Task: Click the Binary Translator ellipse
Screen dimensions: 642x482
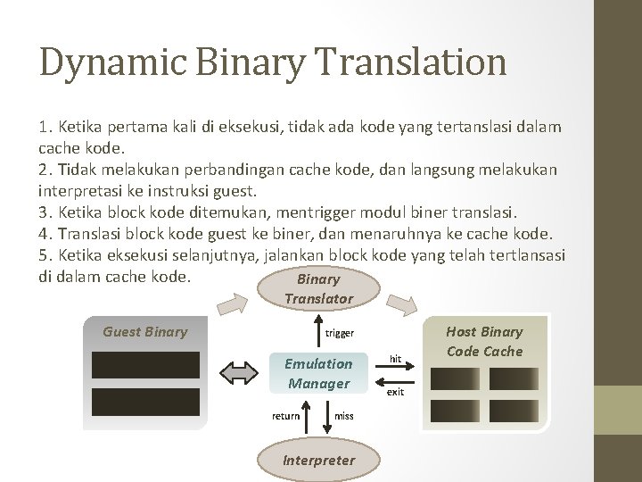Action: pyautogui.click(x=318, y=289)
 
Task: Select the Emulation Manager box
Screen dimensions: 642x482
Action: pyautogui.click(x=318, y=373)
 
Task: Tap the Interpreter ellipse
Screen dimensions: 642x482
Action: pyautogui.click(x=318, y=460)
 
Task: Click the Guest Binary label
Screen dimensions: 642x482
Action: pyautogui.click(x=145, y=332)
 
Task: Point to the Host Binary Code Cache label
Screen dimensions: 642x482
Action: pyautogui.click(x=484, y=341)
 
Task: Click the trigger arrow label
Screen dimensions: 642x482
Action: pyautogui.click(x=339, y=333)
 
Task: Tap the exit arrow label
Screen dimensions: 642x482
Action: pyautogui.click(x=396, y=392)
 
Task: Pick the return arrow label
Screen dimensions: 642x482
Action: pyautogui.click(x=285, y=416)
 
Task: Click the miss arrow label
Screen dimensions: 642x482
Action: pyautogui.click(x=343, y=416)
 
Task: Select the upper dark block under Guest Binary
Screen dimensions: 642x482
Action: pyautogui.click(x=145, y=364)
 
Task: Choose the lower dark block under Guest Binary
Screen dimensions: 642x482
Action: pyautogui.click(x=145, y=402)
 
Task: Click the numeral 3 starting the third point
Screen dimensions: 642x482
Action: pyautogui.click(x=44, y=213)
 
